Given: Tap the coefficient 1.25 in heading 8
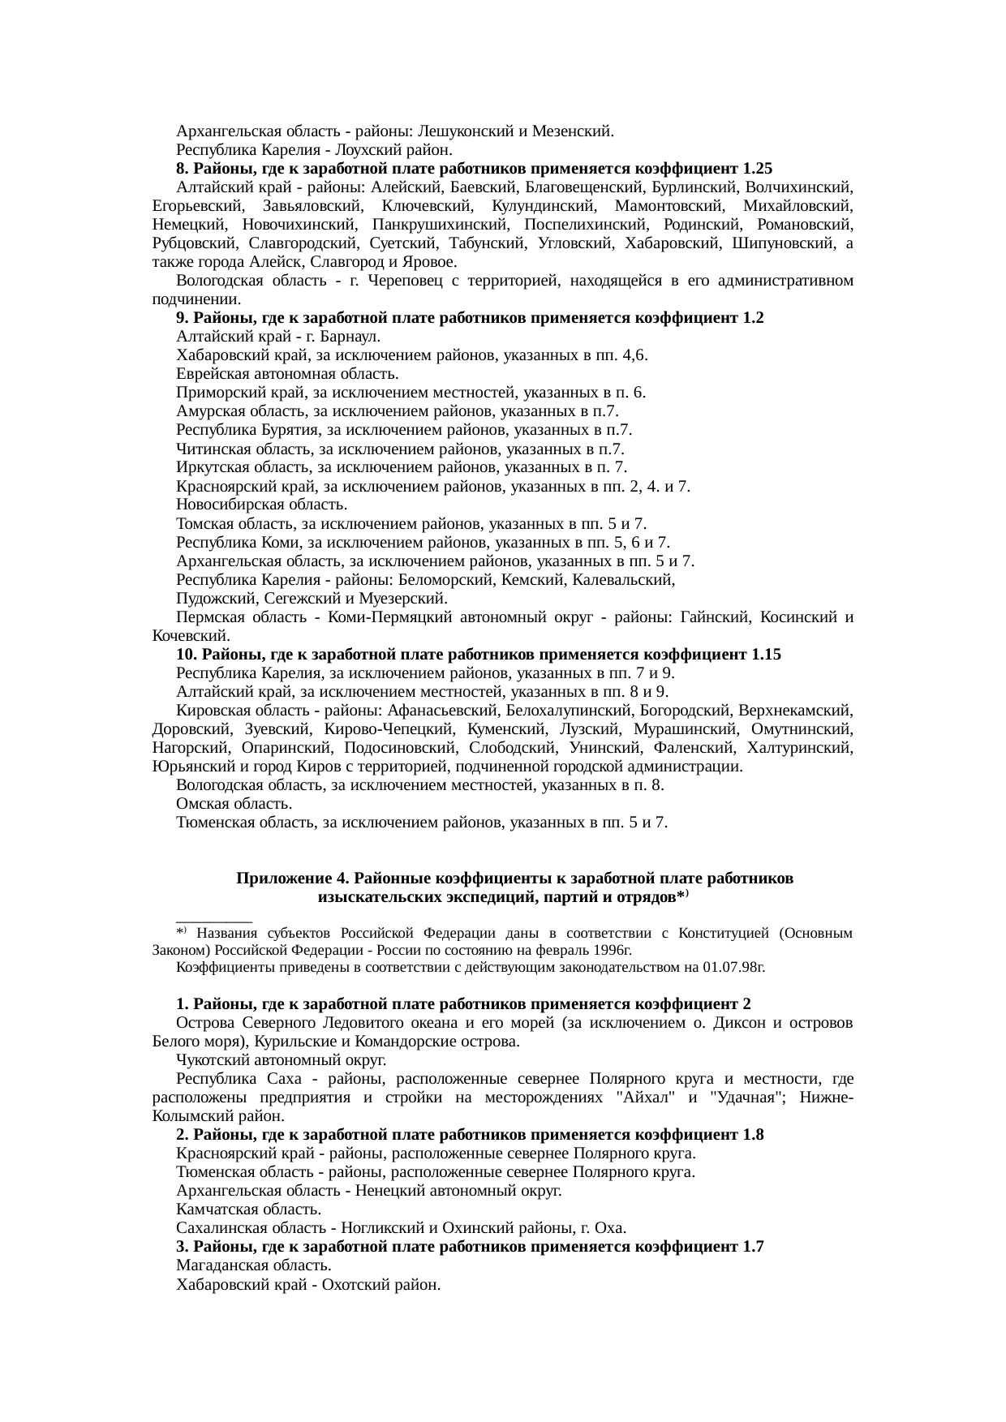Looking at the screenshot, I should tap(757, 169).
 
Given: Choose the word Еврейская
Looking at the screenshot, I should tap(213, 374).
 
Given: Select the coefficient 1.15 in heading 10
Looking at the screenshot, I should tap(766, 655).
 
